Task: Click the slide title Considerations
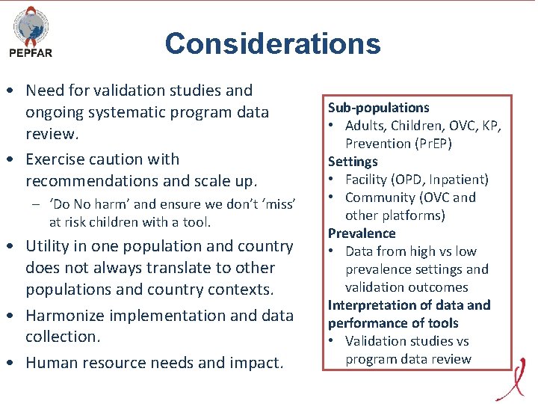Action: pyautogui.click(x=273, y=43)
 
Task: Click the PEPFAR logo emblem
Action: pyautogui.click(x=31, y=25)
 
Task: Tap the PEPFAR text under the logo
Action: pyautogui.click(x=31, y=53)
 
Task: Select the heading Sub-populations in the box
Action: pyautogui.click(x=378, y=108)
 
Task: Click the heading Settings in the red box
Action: pyautogui.click(x=353, y=162)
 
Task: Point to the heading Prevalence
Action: pyautogui.click(x=362, y=233)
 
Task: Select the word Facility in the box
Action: pyautogui.click(x=368, y=180)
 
